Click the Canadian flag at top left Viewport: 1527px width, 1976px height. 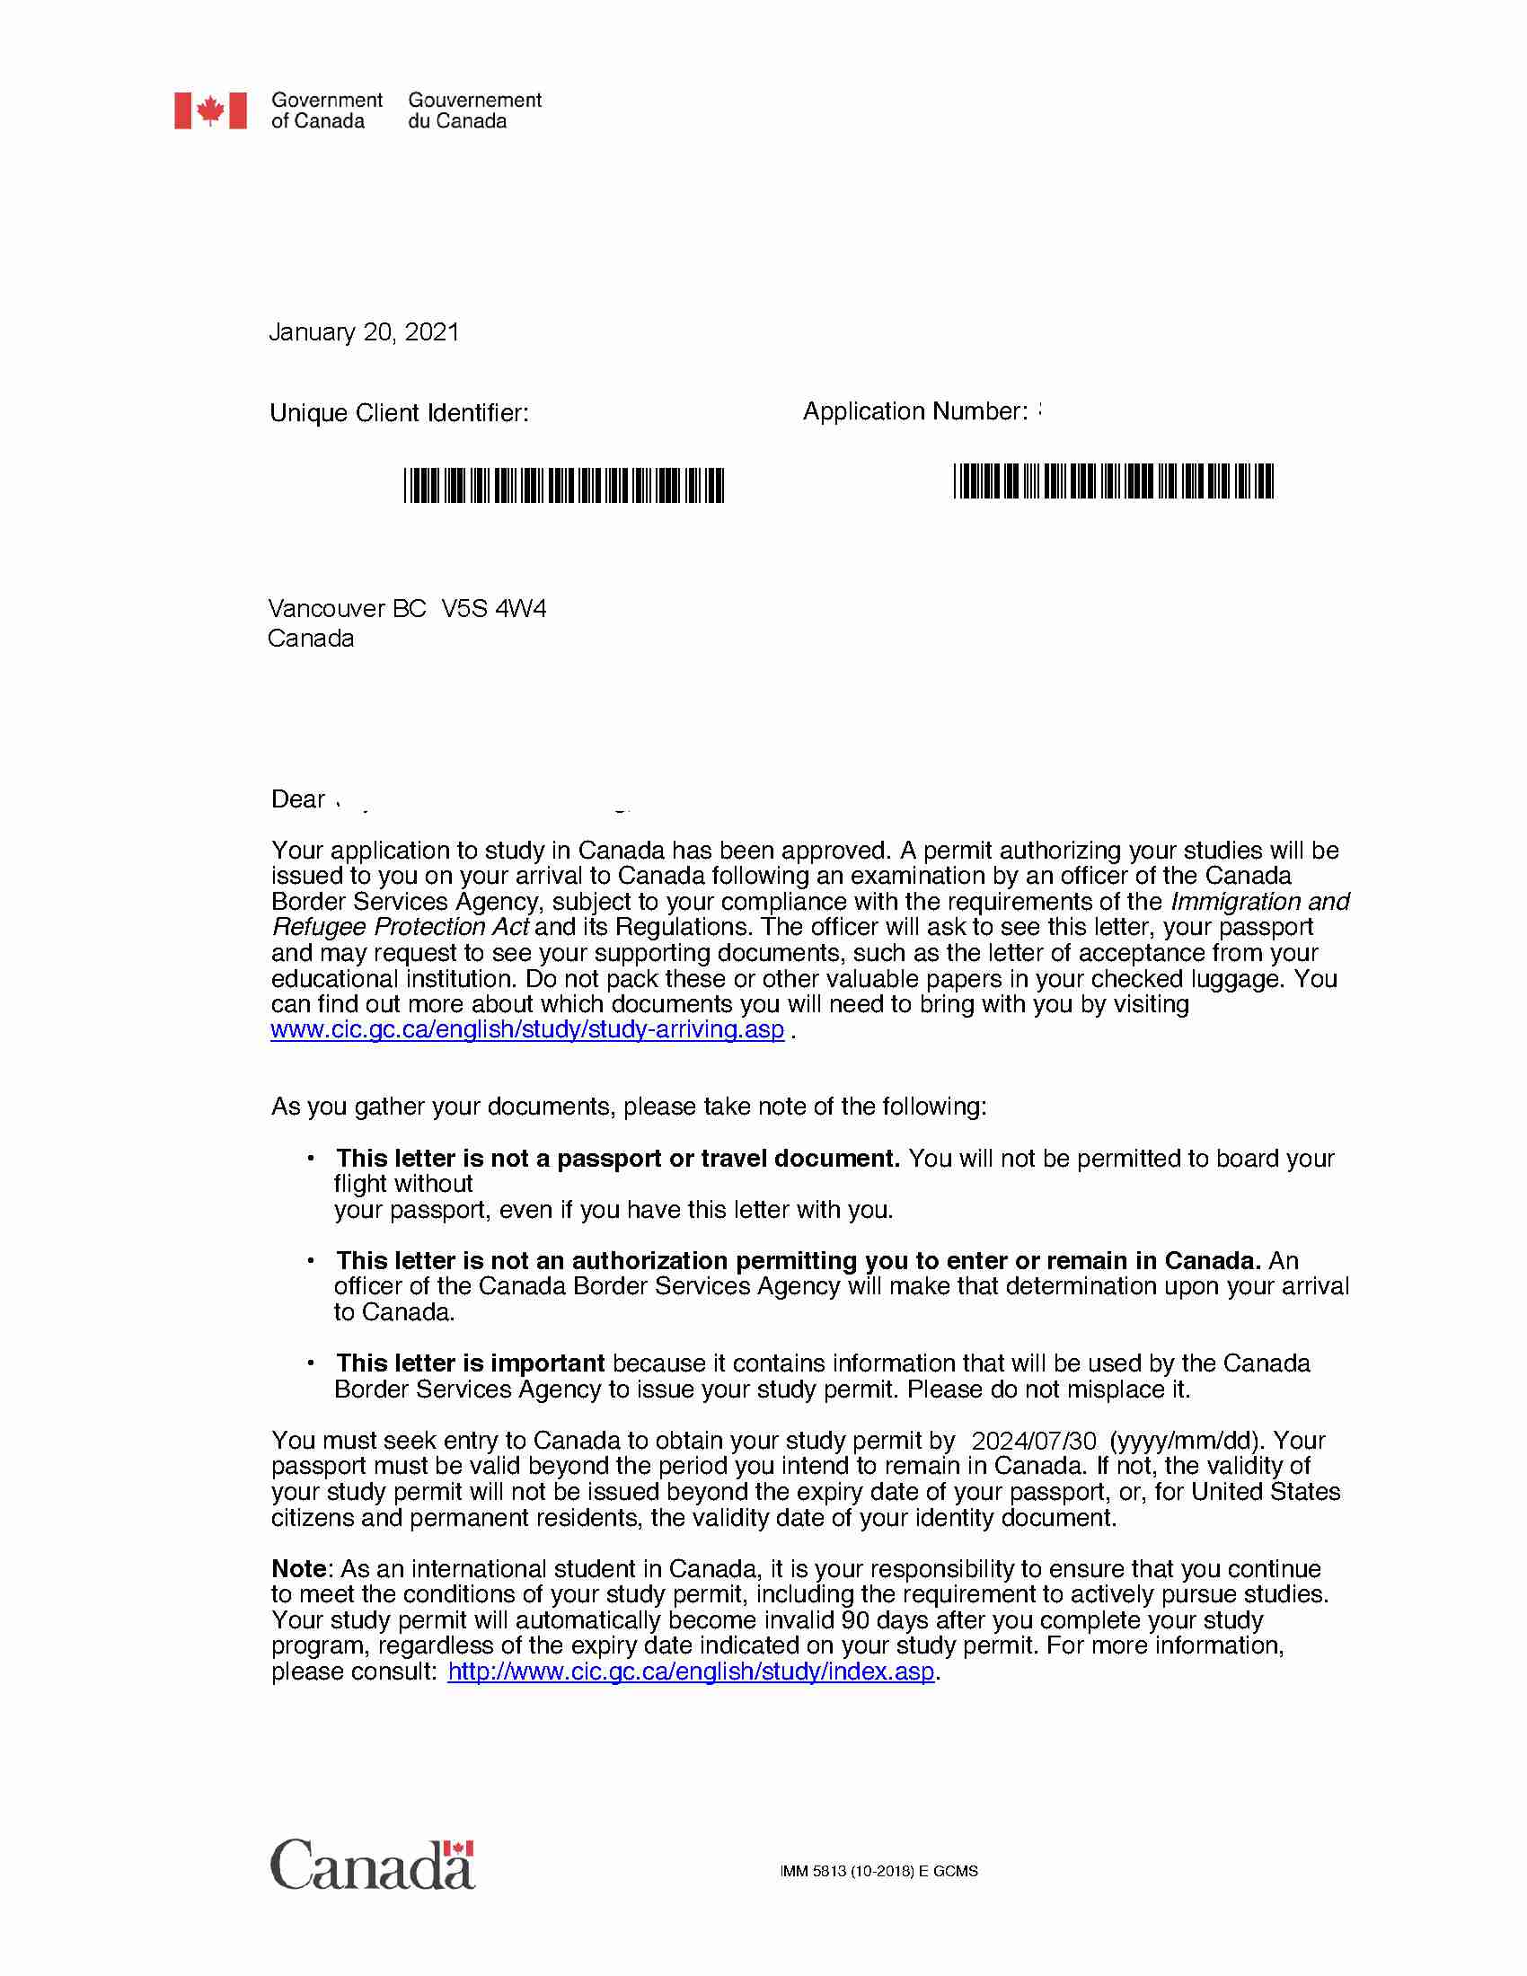210,110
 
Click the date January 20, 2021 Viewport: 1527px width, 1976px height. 364,332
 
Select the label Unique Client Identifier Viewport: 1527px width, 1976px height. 399,413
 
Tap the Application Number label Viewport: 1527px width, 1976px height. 914,411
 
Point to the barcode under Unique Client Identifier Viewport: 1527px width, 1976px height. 563,485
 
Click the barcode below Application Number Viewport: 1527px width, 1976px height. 1113,481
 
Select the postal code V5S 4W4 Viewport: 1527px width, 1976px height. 494,608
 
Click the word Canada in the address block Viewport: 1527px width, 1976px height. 310,639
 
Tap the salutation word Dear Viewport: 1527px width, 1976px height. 297,798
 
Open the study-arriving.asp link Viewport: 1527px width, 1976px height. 527,1029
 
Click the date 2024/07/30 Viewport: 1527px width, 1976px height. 1033,1441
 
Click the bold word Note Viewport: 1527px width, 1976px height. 298,1569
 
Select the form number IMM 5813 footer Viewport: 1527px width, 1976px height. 878,1871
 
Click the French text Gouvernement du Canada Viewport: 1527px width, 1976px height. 474,110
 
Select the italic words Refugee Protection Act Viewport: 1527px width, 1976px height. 400,928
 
